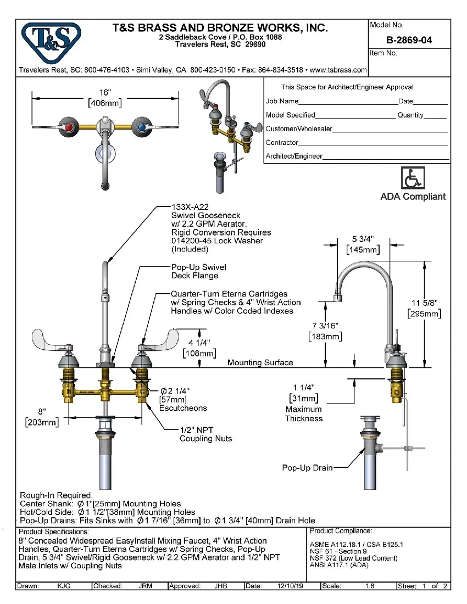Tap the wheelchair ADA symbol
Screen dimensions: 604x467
(x=413, y=178)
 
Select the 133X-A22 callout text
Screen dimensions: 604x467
(x=190, y=207)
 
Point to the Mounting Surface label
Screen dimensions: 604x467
(x=260, y=362)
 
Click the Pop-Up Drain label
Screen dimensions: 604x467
(x=307, y=468)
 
